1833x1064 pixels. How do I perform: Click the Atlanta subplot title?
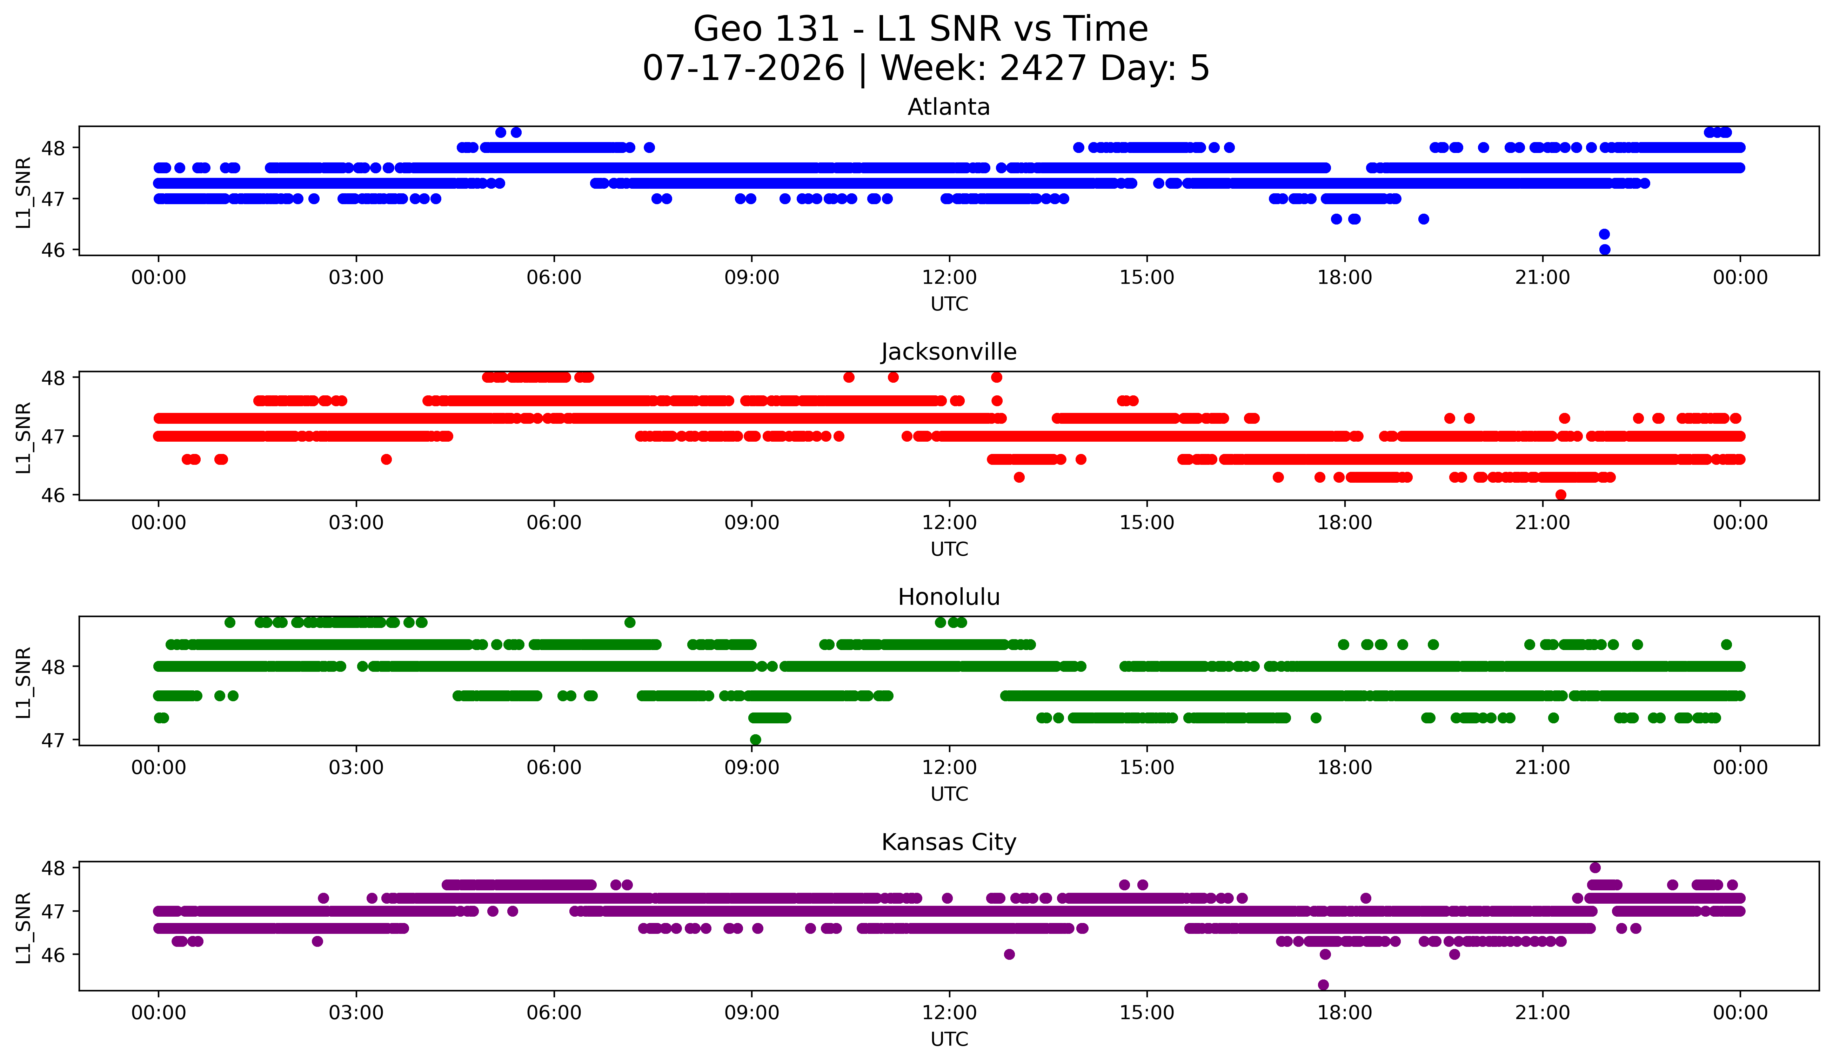click(949, 107)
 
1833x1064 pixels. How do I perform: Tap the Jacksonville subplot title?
click(949, 352)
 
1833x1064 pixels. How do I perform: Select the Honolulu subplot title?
click(949, 597)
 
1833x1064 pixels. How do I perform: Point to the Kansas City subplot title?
click(949, 842)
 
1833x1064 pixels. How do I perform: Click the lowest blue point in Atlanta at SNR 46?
click(1605, 249)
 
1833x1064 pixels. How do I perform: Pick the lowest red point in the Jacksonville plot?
click(1560, 495)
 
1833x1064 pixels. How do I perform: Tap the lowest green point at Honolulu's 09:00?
click(755, 740)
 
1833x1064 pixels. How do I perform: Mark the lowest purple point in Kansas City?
click(1323, 985)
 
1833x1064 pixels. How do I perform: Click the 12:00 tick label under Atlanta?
click(949, 278)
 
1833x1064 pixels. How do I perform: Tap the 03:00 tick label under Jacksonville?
click(356, 523)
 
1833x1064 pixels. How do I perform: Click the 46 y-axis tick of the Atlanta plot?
click(53, 250)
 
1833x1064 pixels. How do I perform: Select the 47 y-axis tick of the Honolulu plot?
click(53, 740)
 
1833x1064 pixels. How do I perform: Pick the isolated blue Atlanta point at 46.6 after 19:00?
click(1424, 219)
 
